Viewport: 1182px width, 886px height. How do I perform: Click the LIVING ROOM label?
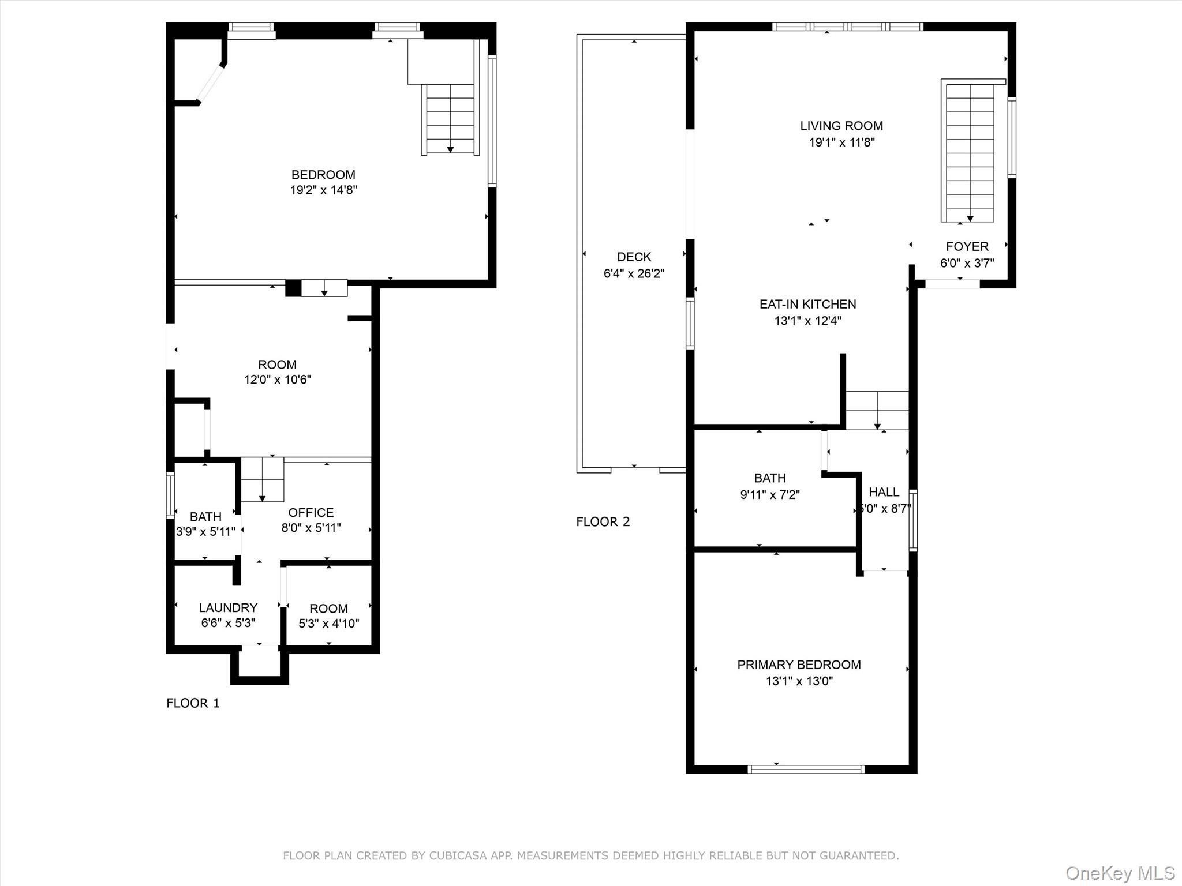[841, 126]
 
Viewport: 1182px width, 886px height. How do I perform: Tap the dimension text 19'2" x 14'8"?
[323, 190]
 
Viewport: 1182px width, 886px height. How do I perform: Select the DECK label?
[634, 257]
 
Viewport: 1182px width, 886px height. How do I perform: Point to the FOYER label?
[967, 247]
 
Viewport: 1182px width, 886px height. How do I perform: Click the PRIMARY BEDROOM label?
[799, 664]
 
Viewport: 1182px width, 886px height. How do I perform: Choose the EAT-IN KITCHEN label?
[807, 304]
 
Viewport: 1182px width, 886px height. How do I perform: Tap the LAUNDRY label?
[228, 607]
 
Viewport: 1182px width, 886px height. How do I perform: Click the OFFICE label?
[311, 513]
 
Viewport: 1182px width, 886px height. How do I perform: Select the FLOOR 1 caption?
[193, 703]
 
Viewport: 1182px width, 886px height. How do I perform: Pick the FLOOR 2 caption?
[603, 521]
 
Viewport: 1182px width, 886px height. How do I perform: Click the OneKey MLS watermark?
[1120, 873]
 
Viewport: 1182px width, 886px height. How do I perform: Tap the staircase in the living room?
[970, 151]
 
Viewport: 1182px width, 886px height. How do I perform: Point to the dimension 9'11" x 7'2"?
[769, 494]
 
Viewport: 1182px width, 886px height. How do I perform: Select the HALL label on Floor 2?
[884, 492]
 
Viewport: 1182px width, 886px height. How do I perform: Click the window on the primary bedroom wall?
[805, 769]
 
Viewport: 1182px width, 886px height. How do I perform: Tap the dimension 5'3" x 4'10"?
[328, 624]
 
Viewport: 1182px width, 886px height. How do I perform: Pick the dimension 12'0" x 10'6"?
[277, 380]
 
